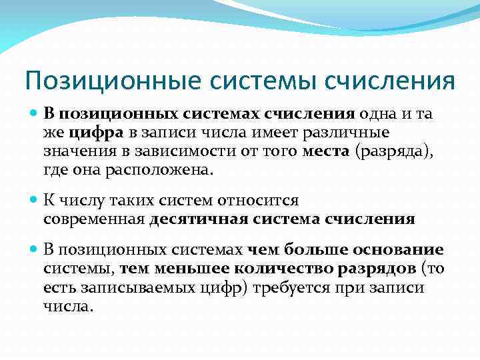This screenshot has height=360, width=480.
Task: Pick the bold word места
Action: coord(326,153)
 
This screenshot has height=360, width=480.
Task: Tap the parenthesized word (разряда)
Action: coord(394,153)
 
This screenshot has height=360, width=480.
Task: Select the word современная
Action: coord(94,219)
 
